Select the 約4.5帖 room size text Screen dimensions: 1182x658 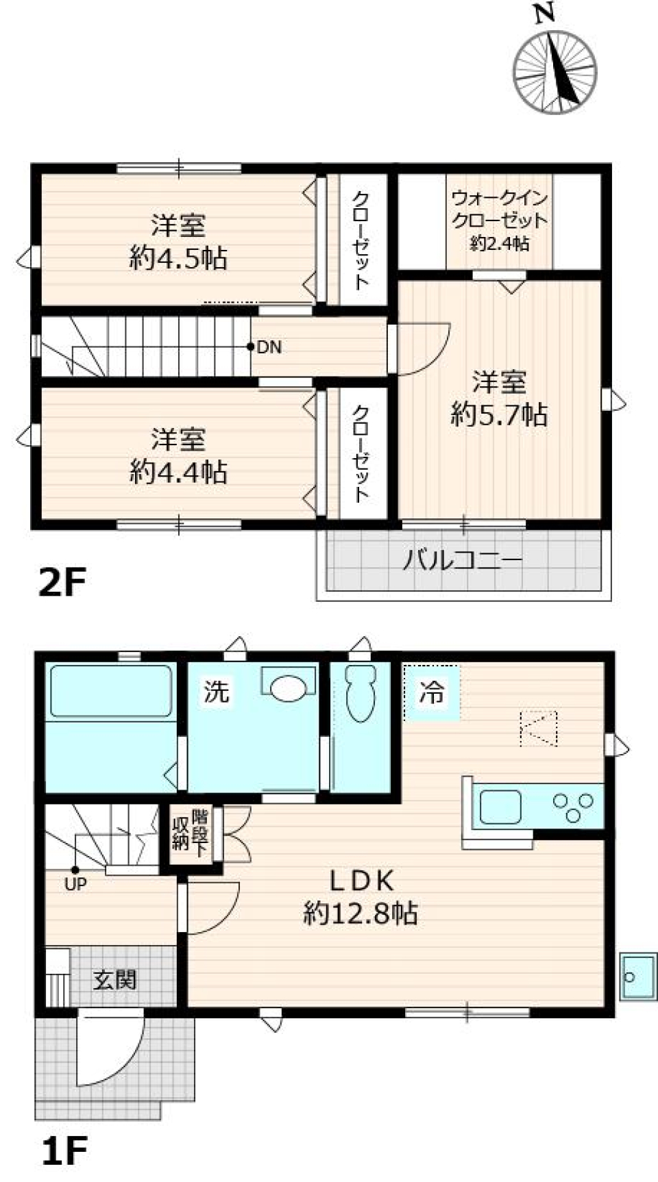tap(178, 259)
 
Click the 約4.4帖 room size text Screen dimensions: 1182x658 tap(178, 473)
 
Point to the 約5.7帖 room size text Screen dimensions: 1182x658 tap(499, 415)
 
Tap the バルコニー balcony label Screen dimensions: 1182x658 tap(462, 561)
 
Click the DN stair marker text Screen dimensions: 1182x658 tap(269, 347)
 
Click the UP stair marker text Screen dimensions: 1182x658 tap(75, 884)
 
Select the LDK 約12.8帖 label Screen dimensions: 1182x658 tap(361, 897)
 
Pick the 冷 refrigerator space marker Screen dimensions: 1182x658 tap(432, 692)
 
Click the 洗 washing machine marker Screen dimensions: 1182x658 tap(216, 691)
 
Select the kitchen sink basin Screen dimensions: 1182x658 tap(500, 806)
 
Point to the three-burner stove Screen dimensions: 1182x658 tap(573, 807)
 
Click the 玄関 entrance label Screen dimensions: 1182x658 tap(114, 980)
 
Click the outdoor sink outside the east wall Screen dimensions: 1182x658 tap(637, 976)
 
